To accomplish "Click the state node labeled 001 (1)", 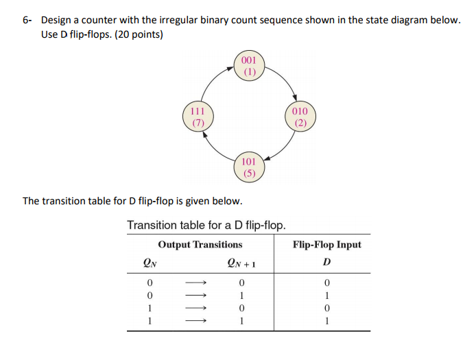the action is [x=249, y=66].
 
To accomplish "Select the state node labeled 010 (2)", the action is [x=300, y=117].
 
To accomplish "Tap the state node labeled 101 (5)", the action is [x=249, y=167].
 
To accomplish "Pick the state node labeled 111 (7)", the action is [x=198, y=117].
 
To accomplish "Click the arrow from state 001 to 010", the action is [x=285, y=80].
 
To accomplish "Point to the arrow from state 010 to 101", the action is [x=284, y=149].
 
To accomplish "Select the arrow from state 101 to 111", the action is [x=215, y=149].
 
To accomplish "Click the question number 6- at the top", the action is [x=27, y=20].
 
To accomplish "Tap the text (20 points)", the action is [x=139, y=34].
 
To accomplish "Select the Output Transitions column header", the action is [x=200, y=244].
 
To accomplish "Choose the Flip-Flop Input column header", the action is [x=327, y=244].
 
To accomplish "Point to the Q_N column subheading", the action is [x=150, y=263].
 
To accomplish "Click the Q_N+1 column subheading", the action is [x=241, y=263].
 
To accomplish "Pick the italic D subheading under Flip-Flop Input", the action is [x=327, y=262].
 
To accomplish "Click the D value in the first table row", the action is [x=327, y=283].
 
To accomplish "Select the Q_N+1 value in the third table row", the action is [x=241, y=308].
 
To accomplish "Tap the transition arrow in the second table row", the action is [x=196, y=295].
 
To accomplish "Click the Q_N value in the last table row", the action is [x=150, y=321].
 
